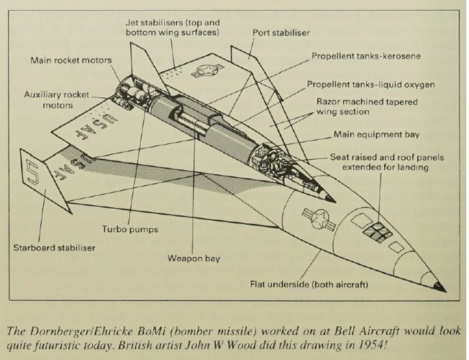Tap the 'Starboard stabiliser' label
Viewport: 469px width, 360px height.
53,248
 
